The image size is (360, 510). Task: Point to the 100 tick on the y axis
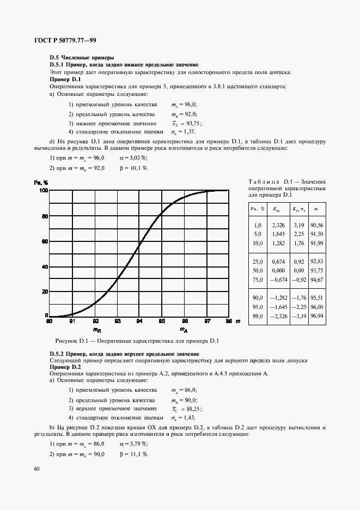tap(42, 191)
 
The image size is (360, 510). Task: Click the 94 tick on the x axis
tap(139, 321)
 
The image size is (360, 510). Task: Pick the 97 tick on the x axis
tap(206, 321)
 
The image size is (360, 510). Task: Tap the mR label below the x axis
tap(95, 330)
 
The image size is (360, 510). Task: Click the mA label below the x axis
tap(184, 330)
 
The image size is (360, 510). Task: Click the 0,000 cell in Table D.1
tap(278, 270)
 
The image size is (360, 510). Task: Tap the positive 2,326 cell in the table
tap(278, 225)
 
